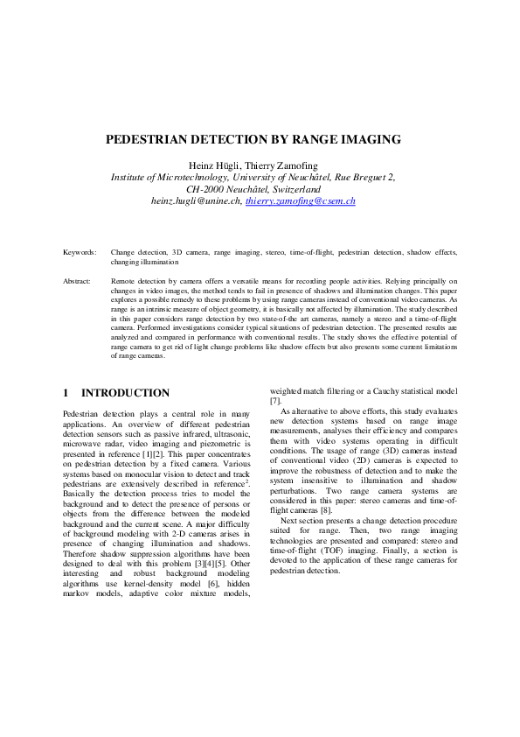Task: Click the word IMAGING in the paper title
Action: click(365, 139)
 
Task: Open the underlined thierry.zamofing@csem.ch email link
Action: click(300, 200)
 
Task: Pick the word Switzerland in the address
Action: click(295, 188)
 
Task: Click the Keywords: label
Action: click(80, 252)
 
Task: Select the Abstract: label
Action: click(78, 281)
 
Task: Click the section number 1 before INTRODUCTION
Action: click(66, 393)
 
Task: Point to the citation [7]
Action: click(275, 400)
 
